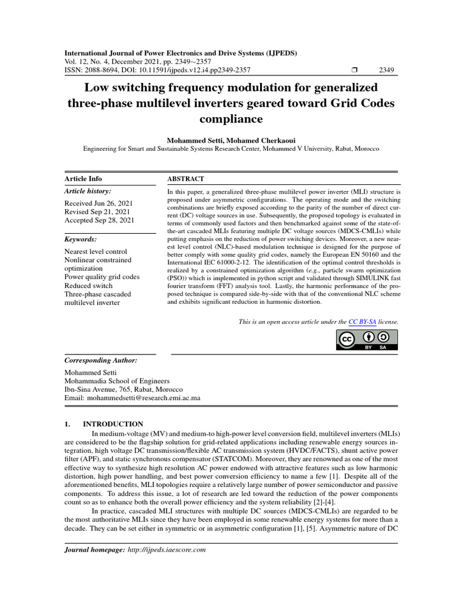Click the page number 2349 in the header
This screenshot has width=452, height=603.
tap(387, 70)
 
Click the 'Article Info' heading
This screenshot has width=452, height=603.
tap(83, 178)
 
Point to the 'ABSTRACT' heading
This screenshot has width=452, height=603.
tap(185, 178)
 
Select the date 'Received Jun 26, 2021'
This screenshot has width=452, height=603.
tap(99, 203)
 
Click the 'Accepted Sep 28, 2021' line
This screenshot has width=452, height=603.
tap(99, 220)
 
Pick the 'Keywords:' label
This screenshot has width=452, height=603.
tap(80, 240)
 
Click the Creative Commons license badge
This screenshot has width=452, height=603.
tap(367, 340)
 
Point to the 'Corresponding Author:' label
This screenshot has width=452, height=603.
tap(101, 360)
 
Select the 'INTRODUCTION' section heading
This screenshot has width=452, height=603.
tap(113, 424)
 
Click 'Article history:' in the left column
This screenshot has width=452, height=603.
tap(87, 191)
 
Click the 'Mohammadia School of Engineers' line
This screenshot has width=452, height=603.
tap(117, 381)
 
